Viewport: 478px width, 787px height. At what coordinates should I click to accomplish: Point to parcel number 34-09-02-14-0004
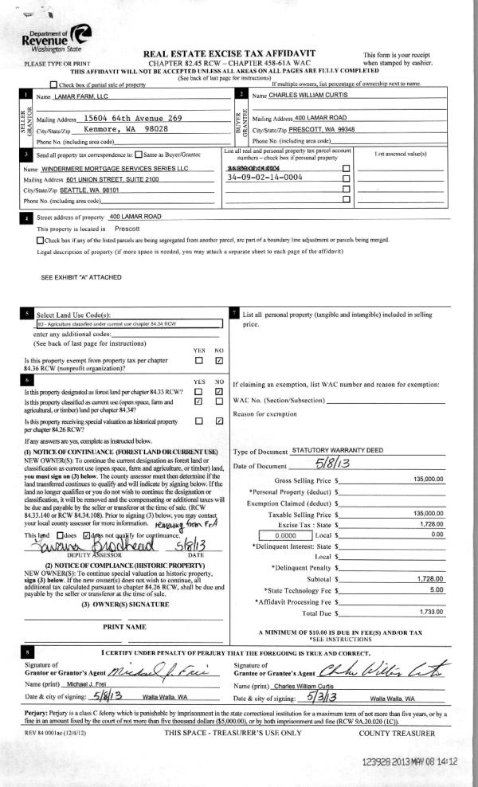point(266,179)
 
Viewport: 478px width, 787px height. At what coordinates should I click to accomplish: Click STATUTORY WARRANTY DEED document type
point(338,450)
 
